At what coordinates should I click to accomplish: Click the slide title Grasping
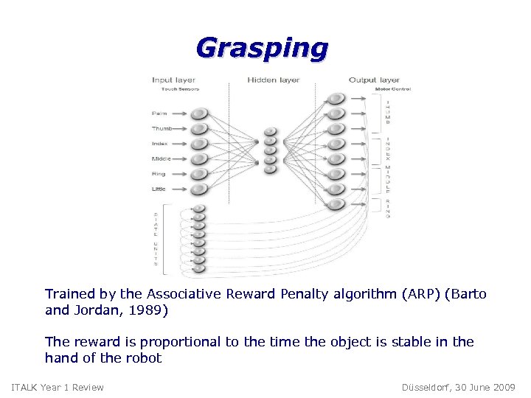(x=262, y=48)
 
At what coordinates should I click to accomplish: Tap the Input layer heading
(x=173, y=80)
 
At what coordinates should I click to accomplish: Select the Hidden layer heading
(x=273, y=80)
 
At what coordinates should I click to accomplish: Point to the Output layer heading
(x=374, y=80)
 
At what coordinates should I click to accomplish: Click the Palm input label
(x=159, y=114)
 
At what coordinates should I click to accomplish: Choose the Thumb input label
(x=162, y=128)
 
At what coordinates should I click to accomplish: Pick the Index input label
(x=160, y=144)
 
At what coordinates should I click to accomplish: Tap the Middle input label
(x=162, y=158)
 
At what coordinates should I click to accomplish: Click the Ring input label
(x=159, y=174)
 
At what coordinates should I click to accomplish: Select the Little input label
(x=159, y=189)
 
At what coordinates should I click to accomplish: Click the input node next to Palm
(x=199, y=114)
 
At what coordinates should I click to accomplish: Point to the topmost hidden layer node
(x=270, y=132)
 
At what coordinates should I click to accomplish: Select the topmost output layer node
(x=336, y=99)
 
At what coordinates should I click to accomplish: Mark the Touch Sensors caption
(x=175, y=89)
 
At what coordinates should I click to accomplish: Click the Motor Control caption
(x=392, y=89)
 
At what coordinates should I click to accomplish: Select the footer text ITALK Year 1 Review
(x=58, y=387)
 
